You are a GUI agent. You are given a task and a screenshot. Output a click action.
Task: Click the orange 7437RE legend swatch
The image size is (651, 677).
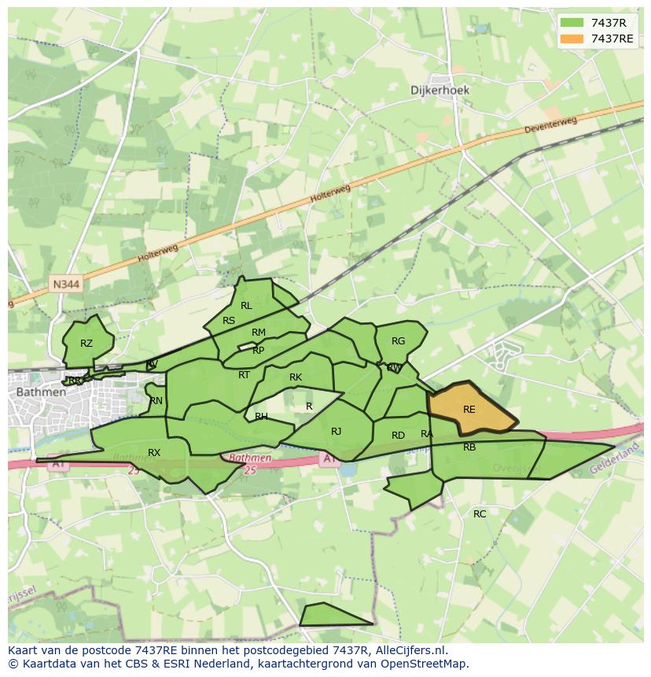pos(572,39)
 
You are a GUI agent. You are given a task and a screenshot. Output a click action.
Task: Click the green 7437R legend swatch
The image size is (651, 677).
pos(572,23)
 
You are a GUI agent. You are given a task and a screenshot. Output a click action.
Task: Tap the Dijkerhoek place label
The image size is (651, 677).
pos(440,90)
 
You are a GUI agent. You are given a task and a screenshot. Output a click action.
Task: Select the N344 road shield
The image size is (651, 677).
pos(67,284)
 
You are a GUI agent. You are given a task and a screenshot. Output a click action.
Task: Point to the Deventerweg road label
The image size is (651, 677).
pos(553,126)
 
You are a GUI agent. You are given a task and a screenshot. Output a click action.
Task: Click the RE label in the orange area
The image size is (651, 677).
pos(469,410)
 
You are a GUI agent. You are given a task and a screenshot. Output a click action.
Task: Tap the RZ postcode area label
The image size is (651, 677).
pos(86,344)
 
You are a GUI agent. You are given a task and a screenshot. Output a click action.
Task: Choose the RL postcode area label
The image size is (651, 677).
pos(246,306)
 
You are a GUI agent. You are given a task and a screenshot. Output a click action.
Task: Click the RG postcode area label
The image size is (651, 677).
pos(398,341)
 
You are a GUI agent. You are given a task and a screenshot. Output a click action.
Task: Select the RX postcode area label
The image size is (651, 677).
pos(154,452)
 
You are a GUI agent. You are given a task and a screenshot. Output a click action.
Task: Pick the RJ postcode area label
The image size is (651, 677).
pos(336,431)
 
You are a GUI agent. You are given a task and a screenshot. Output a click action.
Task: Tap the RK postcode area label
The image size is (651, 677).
pos(296,377)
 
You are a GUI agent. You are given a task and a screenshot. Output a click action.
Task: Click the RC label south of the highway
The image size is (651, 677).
pos(480,514)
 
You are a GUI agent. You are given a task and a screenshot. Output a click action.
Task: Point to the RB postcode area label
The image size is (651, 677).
pos(469,447)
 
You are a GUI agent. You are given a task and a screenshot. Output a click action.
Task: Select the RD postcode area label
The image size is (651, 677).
pos(398,436)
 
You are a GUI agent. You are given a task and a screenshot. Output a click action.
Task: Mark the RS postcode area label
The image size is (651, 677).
pos(229,321)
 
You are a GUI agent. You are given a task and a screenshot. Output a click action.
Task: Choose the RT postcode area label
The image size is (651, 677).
pos(244,375)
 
